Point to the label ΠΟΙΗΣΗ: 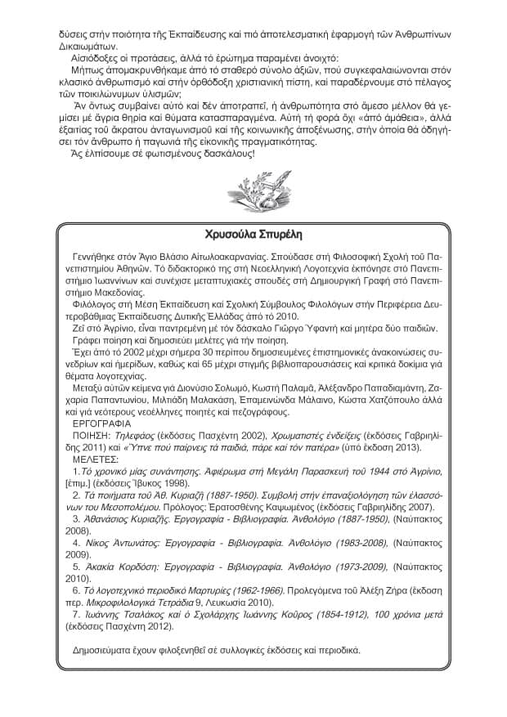[x=85, y=437]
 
